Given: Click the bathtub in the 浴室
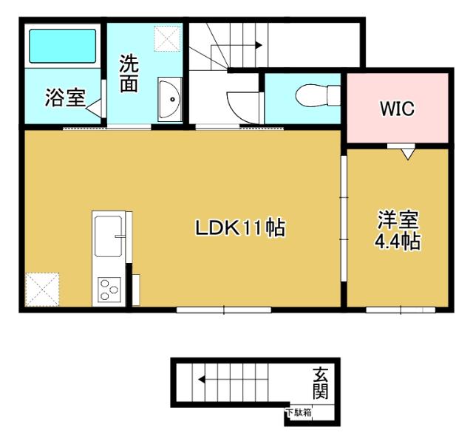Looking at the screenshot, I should [62, 46].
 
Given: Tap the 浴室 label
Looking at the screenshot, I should [64, 98].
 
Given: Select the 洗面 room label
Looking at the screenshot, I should [129, 74].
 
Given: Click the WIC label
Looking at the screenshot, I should [397, 109].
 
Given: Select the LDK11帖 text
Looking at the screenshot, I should [240, 229].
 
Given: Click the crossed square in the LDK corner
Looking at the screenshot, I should [42, 289].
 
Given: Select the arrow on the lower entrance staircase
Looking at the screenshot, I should [201, 381].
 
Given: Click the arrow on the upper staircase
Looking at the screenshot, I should [257, 45].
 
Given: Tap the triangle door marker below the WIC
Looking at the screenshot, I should [406, 154].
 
